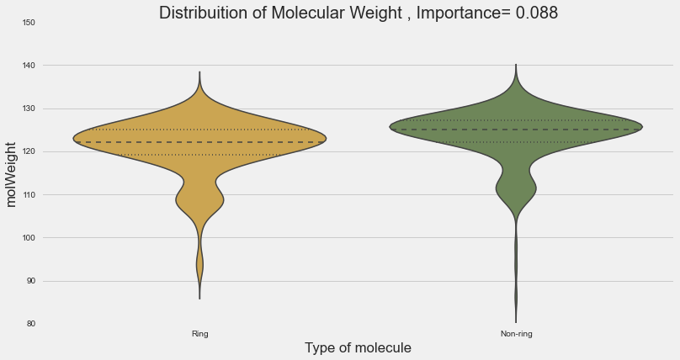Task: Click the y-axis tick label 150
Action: coord(29,22)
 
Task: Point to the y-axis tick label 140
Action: coord(29,65)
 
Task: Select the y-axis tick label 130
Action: coord(29,109)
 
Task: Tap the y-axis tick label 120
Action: coord(29,151)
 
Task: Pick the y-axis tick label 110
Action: coord(29,194)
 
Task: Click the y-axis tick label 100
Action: coord(29,238)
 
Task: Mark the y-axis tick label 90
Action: coord(30,281)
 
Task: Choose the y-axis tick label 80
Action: coord(30,324)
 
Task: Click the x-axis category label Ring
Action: coord(199,334)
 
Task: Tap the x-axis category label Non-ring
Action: coord(516,334)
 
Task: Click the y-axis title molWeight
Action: coord(12,173)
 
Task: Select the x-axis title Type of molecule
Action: coord(358,348)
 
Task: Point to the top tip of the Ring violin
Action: coord(199,72)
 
